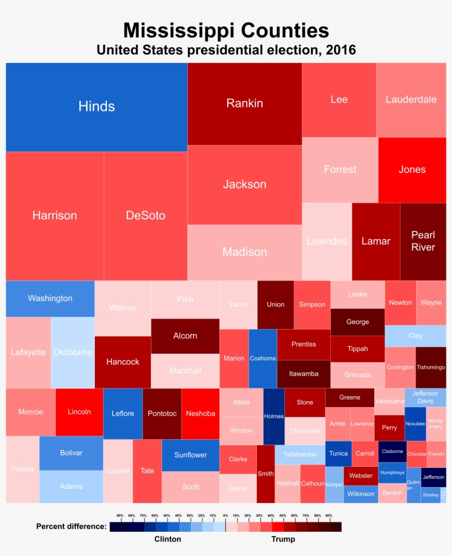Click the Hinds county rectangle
96,107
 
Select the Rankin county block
244,104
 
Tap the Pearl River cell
423,241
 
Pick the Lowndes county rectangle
326,241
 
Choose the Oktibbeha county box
72,352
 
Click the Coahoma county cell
262,358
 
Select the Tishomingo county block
431,367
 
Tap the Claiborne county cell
392,451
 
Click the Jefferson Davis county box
425,397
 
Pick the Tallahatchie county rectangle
299,455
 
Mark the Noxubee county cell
415,424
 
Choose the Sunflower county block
190,455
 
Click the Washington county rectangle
50,298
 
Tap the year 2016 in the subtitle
341,50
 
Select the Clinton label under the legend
168,539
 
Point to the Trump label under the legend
283,539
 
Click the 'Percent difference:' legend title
71,526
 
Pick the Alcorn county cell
185,336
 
